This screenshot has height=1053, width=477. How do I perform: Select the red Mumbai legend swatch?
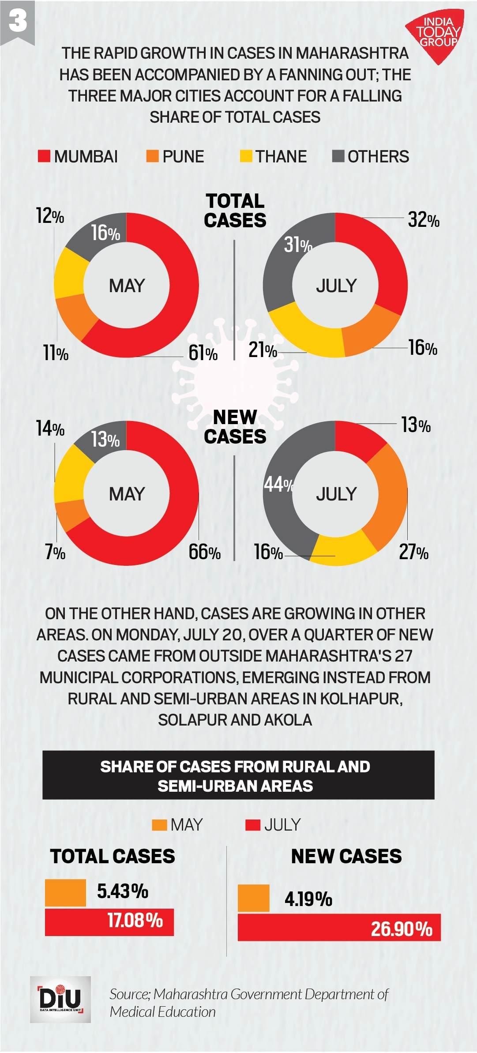pos(44,156)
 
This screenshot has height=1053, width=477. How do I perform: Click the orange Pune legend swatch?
pos(152,156)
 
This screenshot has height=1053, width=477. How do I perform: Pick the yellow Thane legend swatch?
pos(246,156)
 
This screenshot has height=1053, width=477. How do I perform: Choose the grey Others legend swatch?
pos(338,156)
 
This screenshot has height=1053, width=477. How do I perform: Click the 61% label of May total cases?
pos(203,353)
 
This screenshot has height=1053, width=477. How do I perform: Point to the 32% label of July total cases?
pos(423,219)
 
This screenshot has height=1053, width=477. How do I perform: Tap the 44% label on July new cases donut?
pos(278,484)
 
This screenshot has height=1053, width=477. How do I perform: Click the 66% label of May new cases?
pos(204,552)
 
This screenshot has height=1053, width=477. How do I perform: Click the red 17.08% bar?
pos(109,922)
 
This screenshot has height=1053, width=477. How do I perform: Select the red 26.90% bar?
pos(339,927)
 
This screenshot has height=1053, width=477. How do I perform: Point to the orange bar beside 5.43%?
pos(65,893)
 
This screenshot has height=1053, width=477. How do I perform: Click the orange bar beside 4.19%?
pos(253,898)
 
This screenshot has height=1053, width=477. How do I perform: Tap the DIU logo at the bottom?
pos(60,999)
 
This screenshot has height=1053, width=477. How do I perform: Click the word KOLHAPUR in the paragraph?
pos(361,699)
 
